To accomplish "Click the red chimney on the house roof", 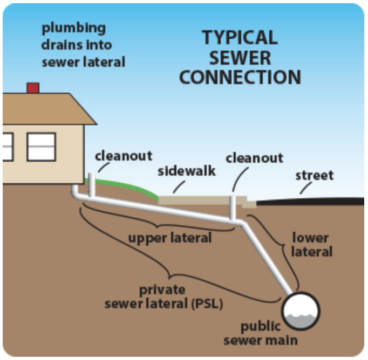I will (33, 88).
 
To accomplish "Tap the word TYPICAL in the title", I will (240, 38).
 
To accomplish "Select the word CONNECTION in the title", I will (240, 77).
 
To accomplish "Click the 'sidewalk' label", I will (186, 171).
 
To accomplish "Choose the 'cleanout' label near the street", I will (254, 158).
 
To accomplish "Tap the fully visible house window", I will (41, 147).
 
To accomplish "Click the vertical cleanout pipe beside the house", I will (92, 183).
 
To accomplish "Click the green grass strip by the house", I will (127, 185).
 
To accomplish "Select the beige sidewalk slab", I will (200, 199).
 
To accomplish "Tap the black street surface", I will (313, 200).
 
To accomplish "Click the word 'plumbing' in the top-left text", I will (73, 28).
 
